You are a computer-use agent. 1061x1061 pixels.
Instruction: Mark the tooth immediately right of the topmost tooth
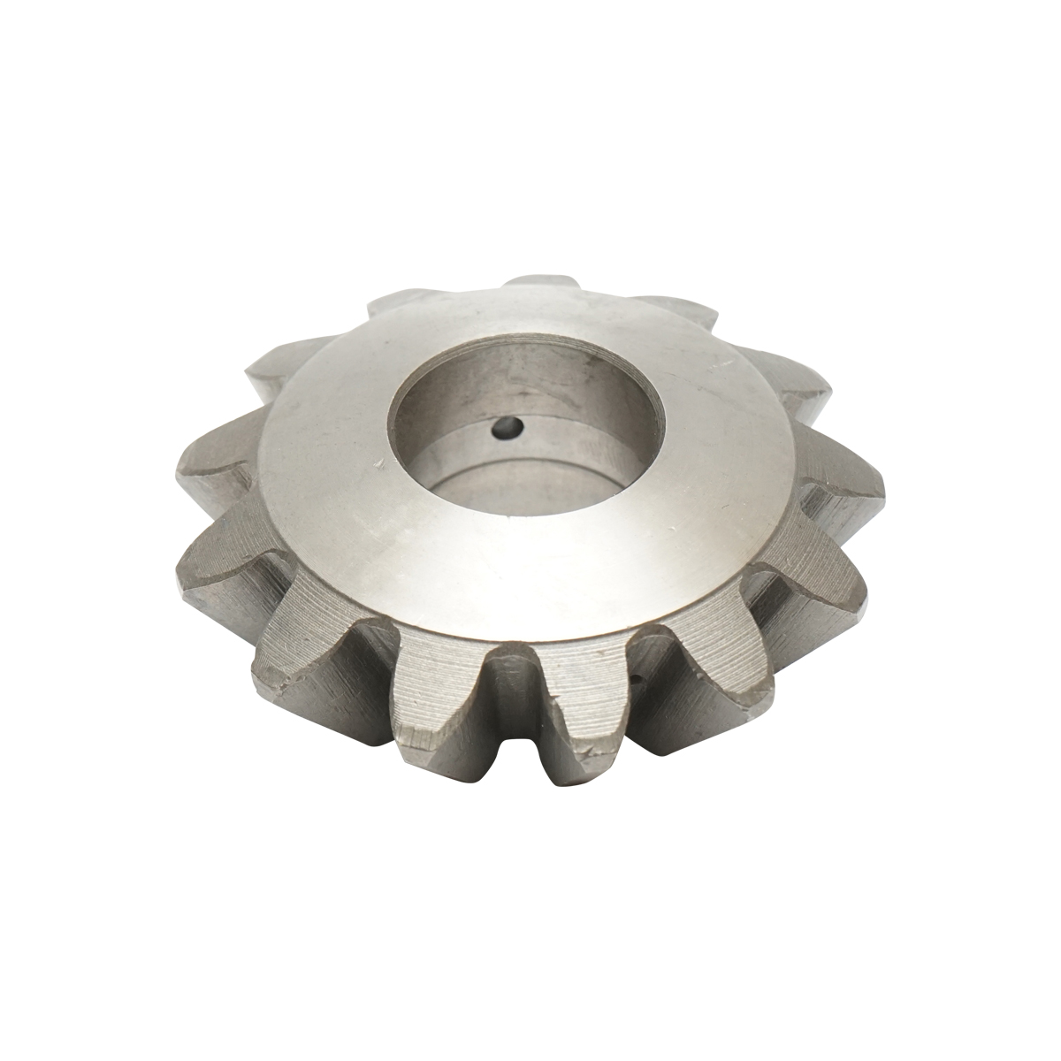pyautogui.click(x=681, y=309)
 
